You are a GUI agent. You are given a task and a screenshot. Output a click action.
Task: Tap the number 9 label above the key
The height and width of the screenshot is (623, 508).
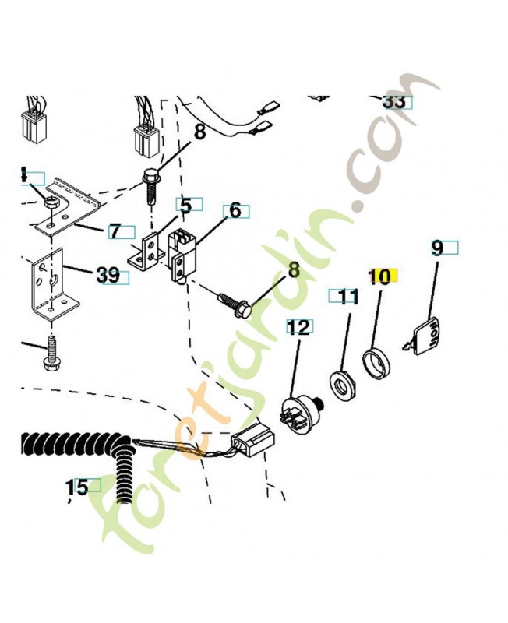pos(437,248)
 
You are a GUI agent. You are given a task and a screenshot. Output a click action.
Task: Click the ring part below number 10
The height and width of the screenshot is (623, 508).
pos(378,362)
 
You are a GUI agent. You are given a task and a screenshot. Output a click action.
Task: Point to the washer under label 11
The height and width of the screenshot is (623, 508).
pos(341,383)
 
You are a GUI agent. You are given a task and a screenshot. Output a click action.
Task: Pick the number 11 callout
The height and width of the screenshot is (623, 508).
pos(347,296)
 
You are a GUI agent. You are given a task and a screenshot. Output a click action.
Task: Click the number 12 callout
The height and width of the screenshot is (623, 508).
pos(299,327)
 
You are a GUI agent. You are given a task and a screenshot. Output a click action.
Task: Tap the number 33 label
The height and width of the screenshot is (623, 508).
pos(394,101)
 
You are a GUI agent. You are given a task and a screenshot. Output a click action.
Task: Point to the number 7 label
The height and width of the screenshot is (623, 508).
pos(115,231)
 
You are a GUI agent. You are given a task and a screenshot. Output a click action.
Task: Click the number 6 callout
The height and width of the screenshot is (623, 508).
pos(235,211)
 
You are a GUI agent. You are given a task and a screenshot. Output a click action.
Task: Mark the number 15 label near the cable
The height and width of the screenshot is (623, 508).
pos(76,487)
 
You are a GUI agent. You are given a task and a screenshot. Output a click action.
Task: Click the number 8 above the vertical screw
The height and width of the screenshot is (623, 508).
pos(199,132)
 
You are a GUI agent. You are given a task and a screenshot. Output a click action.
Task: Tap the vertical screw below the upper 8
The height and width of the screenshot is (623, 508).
pos(153,184)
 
